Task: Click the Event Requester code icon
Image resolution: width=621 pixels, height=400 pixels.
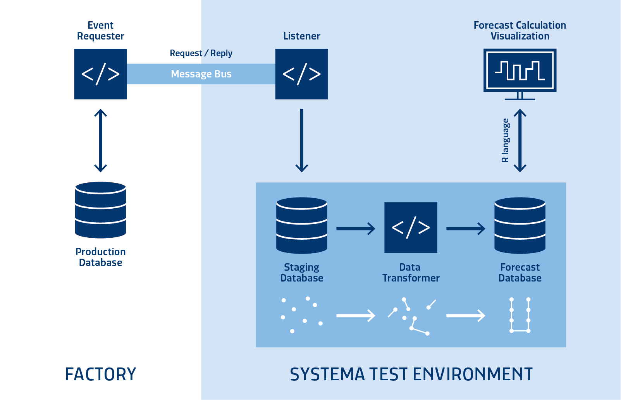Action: tap(100, 74)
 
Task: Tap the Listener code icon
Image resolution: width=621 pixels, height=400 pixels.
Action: tap(301, 74)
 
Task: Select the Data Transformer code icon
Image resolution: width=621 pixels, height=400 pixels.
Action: tap(411, 227)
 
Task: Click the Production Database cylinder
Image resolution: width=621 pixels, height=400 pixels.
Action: tap(100, 210)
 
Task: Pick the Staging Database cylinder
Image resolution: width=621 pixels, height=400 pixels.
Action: tap(301, 225)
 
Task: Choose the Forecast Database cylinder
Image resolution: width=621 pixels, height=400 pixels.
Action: tap(520, 225)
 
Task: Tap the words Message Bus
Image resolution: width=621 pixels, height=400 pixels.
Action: tap(201, 74)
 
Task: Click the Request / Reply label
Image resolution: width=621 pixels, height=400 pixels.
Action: tap(201, 53)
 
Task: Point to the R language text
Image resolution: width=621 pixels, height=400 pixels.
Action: tap(505, 140)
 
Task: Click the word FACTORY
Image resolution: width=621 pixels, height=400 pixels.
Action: tap(101, 374)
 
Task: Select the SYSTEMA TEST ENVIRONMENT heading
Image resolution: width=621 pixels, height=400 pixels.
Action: tap(411, 374)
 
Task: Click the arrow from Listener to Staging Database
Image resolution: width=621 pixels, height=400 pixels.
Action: tap(301, 140)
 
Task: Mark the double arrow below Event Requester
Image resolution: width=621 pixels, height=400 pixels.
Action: tap(100, 140)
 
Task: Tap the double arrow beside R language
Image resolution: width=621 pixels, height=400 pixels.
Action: tap(520, 140)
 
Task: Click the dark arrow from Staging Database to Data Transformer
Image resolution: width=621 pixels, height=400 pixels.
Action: tap(355, 228)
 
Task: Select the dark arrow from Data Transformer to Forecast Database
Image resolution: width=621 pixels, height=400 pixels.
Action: tap(465, 228)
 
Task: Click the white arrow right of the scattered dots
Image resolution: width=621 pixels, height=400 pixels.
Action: tap(355, 316)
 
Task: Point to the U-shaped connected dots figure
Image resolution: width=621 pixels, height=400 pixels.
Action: tap(520, 315)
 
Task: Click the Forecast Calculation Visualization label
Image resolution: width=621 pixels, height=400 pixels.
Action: tap(520, 31)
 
